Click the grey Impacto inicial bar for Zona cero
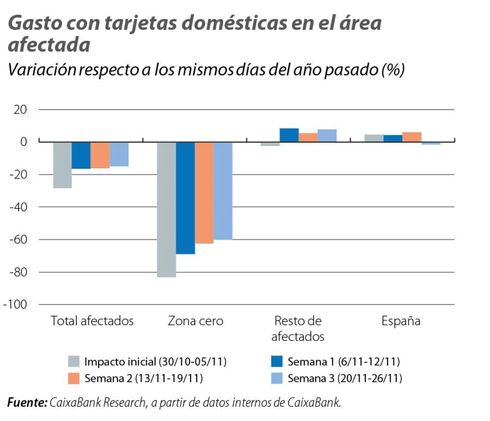coord(167,209)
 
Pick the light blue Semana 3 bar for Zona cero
coord(223,191)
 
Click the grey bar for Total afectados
coord(63,164)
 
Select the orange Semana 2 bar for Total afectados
coord(100,155)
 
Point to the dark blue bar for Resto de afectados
coord(289,135)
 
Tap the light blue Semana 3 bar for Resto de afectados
coord(327,136)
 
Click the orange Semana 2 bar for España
coord(412,137)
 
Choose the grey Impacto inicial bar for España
coord(375,138)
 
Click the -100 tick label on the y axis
coord(15,304)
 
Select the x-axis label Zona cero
coord(195,321)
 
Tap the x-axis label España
coord(401,321)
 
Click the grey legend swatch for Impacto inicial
coord(74,362)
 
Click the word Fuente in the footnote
coord(27,403)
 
